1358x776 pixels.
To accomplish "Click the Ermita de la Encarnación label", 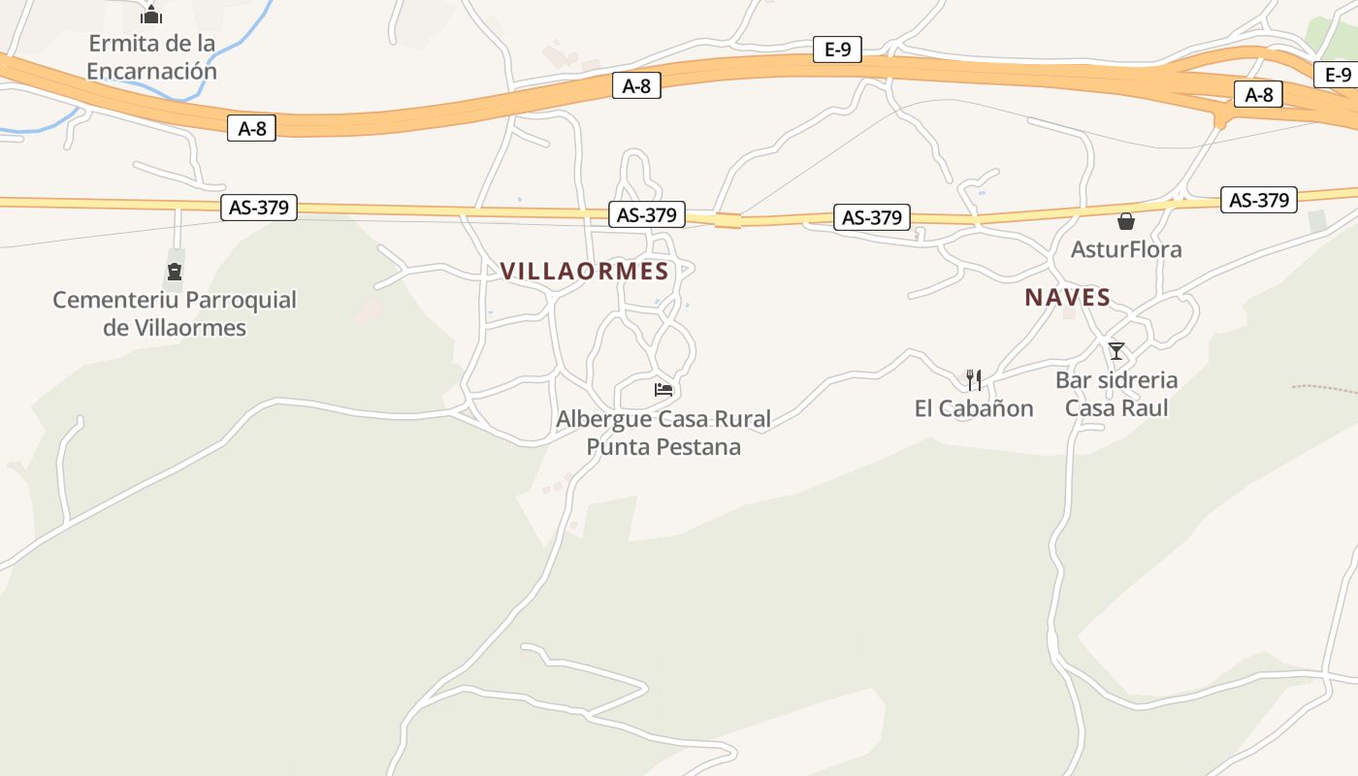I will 151,57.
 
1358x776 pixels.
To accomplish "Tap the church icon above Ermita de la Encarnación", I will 151,15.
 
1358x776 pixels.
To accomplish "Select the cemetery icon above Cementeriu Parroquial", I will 175,271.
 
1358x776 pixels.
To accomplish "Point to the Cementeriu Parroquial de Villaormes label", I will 175,313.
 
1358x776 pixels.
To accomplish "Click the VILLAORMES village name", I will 585,272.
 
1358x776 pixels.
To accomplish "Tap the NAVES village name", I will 1067,298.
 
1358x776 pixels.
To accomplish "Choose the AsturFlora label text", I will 1126,249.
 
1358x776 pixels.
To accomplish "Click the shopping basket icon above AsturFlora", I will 1126,221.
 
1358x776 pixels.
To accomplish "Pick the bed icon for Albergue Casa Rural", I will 663,390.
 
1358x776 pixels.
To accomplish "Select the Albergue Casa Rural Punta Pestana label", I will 663,433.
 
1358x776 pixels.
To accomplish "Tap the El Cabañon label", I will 974,408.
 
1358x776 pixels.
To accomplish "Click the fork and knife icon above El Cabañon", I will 974,379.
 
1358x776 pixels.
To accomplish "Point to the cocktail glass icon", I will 1116,350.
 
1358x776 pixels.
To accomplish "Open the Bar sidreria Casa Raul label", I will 1116,393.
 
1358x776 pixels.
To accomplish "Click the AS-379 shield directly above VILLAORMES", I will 647,214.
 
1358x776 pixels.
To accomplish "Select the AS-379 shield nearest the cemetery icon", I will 259,207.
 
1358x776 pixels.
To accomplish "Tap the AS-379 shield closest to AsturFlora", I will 1259,200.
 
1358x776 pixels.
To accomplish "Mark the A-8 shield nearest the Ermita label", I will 251,127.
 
